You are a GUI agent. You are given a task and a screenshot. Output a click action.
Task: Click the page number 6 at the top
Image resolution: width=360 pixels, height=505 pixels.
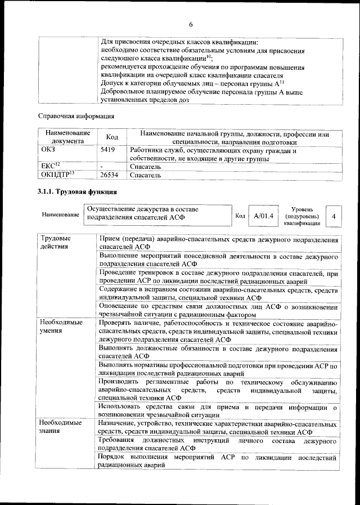click(190, 24)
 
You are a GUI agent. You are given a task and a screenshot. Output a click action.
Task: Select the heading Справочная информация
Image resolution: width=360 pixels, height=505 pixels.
click(75, 117)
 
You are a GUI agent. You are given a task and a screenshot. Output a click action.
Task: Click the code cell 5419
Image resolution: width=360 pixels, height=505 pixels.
click(103, 151)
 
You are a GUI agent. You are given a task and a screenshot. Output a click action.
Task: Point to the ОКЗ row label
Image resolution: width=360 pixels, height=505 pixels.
click(49, 151)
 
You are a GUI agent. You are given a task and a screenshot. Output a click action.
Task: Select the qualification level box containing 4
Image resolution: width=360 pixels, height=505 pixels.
click(334, 216)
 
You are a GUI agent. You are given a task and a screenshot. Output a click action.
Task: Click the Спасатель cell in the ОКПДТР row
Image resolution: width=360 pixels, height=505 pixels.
click(146, 175)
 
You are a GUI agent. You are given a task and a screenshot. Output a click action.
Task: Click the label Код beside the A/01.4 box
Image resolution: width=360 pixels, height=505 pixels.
click(240, 216)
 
